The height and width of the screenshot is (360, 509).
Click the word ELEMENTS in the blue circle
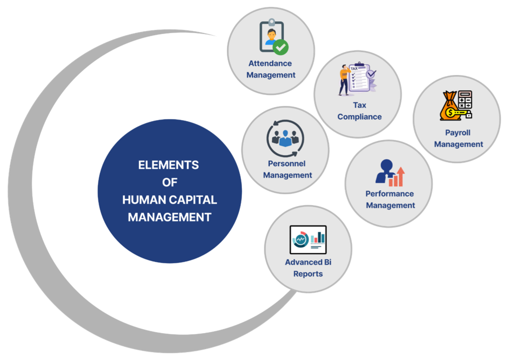click(x=168, y=165)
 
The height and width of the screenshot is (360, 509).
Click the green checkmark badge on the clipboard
click(x=280, y=47)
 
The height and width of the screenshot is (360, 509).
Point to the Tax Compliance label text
click(x=359, y=111)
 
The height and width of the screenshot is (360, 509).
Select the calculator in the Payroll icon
click(x=465, y=101)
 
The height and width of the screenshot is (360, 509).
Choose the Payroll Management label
click(x=458, y=138)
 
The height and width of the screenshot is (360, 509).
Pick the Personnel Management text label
click(x=287, y=169)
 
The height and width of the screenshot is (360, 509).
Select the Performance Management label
click(x=390, y=199)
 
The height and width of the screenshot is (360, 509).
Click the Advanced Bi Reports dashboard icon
click(x=308, y=239)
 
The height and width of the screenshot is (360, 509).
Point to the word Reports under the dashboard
click(x=308, y=274)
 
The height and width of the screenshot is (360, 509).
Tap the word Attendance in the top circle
click(x=270, y=63)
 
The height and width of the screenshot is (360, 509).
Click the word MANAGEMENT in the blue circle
click(x=169, y=217)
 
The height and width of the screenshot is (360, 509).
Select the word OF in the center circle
click(x=169, y=182)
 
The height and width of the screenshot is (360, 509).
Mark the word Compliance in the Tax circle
click(x=359, y=117)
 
